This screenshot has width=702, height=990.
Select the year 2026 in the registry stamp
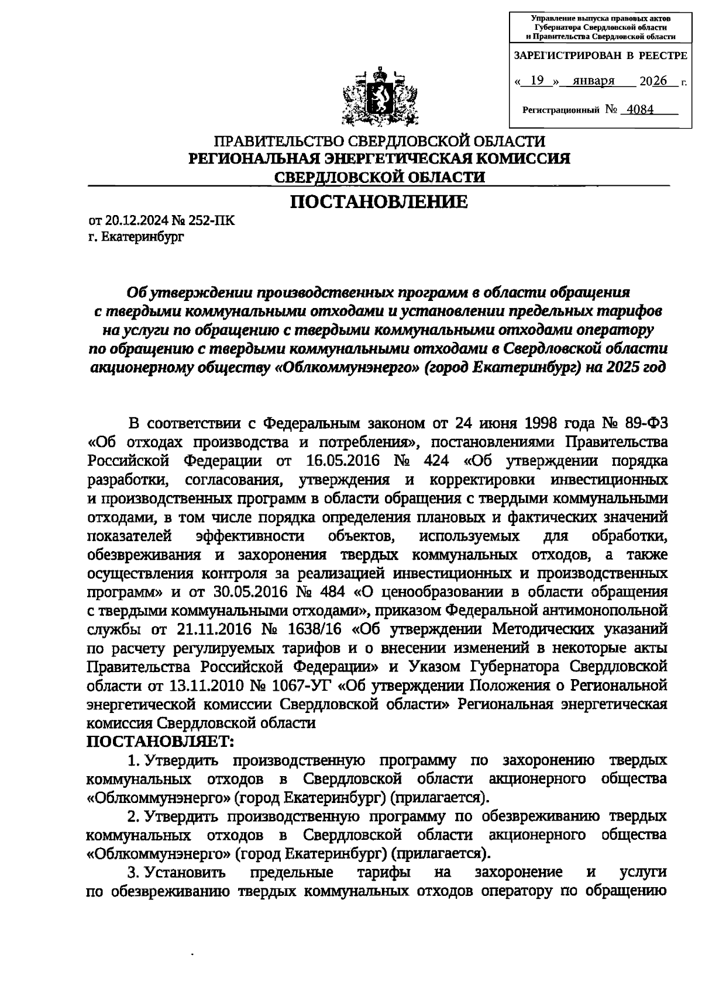pyautogui.click(x=653, y=81)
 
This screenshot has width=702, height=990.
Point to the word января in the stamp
pyautogui.click(x=593, y=81)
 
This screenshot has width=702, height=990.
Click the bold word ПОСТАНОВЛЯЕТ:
pyautogui.click(x=160, y=742)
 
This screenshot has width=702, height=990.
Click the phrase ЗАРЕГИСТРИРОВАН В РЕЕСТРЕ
pyautogui.click(x=599, y=56)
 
